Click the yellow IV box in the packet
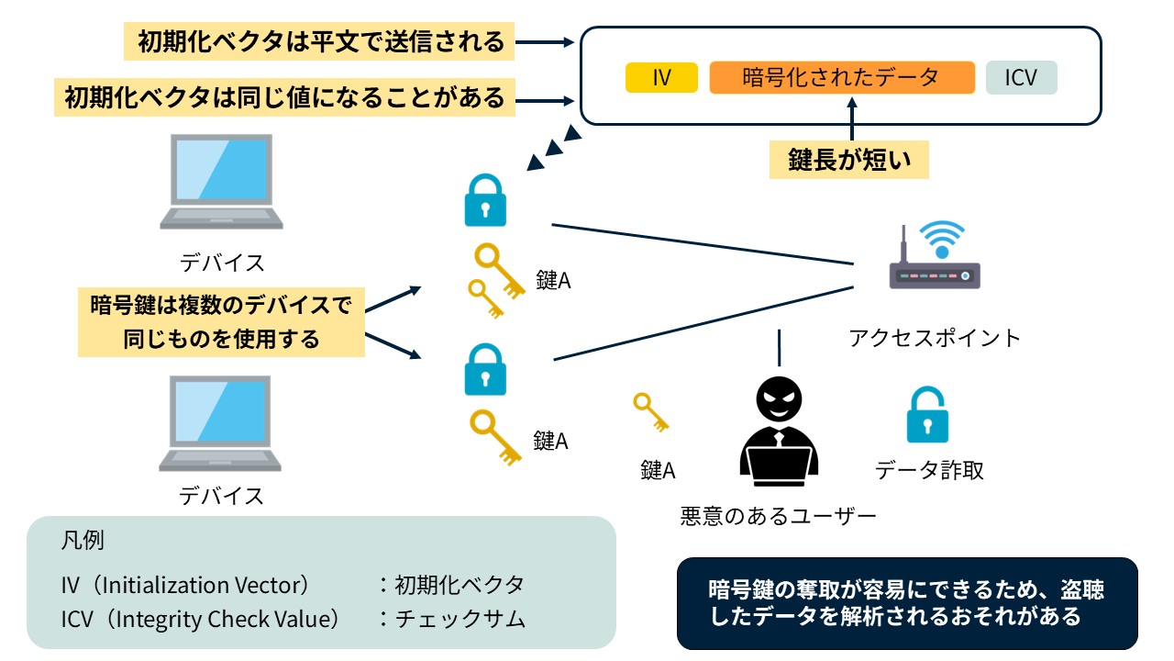pos(661,78)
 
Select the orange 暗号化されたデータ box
pos(841,78)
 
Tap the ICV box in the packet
pos(1021,78)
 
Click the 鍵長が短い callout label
pos(849,161)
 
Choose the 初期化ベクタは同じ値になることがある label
pos(284,96)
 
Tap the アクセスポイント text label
pos(934,338)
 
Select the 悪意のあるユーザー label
pos(778,516)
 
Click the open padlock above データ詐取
pos(927,416)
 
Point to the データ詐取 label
pos(929,470)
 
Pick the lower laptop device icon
pos(221,424)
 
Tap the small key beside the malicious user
pos(651,412)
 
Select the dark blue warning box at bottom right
pos(906,603)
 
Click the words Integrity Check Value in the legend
pos(224,619)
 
